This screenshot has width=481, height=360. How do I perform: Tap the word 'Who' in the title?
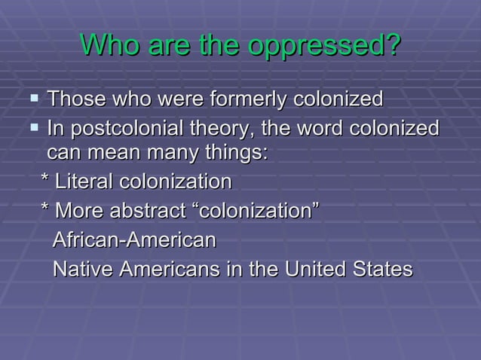pos(108,47)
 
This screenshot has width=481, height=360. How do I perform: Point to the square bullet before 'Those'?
pos(32,99)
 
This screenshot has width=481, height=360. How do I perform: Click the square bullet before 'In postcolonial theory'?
pos(32,129)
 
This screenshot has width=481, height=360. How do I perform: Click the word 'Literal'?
pos(83,182)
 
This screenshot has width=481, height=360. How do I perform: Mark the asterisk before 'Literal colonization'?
pos(46,182)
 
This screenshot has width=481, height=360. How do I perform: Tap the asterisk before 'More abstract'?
pos(46,211)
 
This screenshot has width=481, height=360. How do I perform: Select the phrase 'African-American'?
pos(134,240)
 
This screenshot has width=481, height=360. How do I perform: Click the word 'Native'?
pos(79,269)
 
